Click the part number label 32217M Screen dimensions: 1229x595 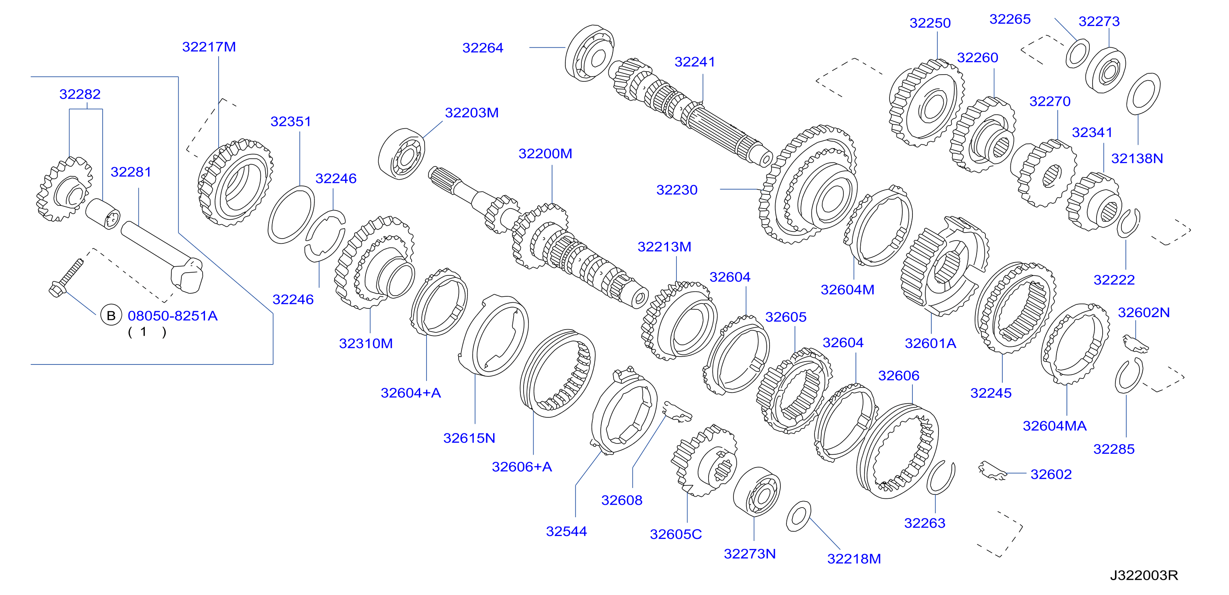(x=209, y=47)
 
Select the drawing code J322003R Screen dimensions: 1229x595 (x=1144, y=575)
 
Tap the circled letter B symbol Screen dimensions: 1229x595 (x=111, y=316)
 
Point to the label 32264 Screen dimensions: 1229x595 (x=483, y=48)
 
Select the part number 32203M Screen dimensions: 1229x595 (x=472, y=113)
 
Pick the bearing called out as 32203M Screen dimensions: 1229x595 (x=402, y=154)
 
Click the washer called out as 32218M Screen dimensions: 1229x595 (x=798, y=516)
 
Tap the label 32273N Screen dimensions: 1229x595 (x=750, y=554)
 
